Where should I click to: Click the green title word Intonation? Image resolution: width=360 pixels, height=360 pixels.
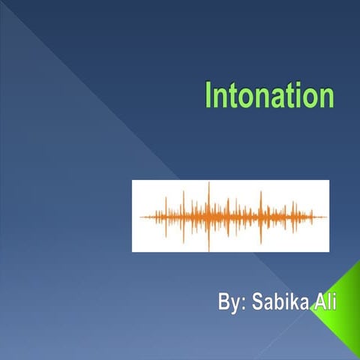pos(268,96)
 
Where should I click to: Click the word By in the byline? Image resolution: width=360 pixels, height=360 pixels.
pos(229,304)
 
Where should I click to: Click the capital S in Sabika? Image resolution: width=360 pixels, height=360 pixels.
pos(256,304)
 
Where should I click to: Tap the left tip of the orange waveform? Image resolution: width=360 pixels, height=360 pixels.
pos(141,217)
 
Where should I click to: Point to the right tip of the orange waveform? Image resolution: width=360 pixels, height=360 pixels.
pos(327,217)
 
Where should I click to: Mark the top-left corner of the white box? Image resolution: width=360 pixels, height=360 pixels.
pos(133,181)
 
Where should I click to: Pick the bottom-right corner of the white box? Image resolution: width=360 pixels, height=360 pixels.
pos(328,251)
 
